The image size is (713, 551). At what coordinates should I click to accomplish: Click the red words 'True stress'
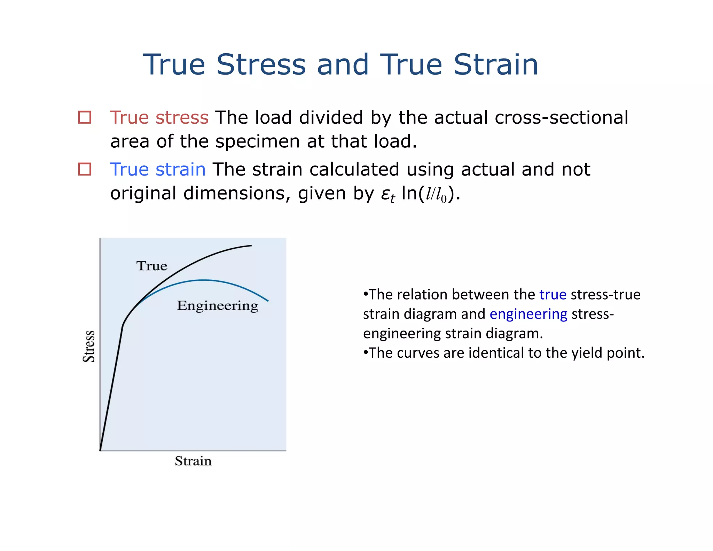159,117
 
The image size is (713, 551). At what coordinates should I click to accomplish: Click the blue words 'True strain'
157,170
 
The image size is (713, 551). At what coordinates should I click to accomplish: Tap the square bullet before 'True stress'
85,117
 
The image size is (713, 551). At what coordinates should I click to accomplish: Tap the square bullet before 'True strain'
85,169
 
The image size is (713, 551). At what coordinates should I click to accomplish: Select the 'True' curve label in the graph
152,266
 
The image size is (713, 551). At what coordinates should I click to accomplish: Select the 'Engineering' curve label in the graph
218,306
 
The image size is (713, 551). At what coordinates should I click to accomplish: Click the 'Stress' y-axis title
89,346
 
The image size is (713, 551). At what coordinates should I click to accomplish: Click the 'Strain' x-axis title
193,461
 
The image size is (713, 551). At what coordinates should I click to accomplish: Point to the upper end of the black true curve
251,246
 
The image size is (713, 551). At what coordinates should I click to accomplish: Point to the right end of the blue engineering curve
268,301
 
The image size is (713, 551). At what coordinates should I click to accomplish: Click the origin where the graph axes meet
100,450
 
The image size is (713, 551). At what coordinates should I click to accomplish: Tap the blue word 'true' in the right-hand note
553,295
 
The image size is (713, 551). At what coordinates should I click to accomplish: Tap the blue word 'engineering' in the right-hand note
528,314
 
